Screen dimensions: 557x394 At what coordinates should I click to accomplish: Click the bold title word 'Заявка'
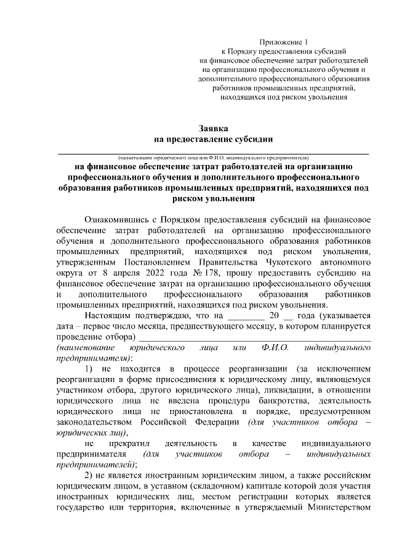point(213,129)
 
